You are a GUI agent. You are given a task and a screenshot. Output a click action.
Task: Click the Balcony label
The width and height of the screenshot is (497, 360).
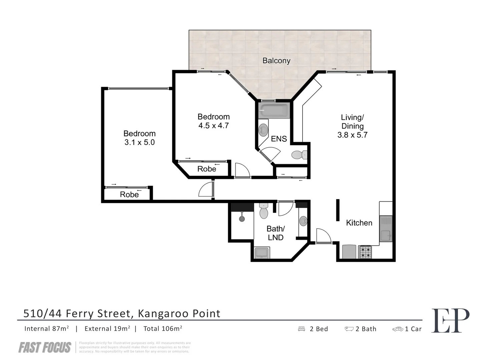276,61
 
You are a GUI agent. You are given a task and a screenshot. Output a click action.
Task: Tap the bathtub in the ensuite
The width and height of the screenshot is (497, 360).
274,110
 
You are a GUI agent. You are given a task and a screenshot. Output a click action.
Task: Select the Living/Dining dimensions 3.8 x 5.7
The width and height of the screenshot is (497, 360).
352,135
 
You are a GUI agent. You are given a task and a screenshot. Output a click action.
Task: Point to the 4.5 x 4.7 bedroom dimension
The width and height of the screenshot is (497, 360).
213,126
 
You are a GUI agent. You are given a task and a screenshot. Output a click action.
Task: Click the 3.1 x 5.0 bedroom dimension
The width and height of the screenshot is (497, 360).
139,142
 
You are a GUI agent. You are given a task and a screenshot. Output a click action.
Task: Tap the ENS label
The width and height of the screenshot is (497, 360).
279,139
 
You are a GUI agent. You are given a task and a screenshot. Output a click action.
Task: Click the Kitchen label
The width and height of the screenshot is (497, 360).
359,223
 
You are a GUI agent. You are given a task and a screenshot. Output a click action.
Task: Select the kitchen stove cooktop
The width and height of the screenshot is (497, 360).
365,252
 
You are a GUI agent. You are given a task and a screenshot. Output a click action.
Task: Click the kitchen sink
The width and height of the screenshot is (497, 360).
386,229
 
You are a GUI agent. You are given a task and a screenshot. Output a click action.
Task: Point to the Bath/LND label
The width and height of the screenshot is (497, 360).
276,233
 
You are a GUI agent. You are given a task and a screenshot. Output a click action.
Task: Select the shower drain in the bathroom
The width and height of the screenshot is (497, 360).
242,219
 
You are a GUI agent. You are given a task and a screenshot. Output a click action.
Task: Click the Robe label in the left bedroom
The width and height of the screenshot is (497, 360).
129,194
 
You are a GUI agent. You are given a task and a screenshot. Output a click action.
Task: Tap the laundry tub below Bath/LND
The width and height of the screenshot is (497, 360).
262,253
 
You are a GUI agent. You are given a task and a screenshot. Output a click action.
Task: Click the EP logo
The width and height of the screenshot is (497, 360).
450,321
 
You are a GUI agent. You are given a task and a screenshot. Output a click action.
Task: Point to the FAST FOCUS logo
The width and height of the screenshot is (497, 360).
45,348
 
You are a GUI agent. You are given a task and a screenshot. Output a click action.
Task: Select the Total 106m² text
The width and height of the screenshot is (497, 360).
163,329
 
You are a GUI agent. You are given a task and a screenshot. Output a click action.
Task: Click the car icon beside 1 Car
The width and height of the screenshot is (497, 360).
398,329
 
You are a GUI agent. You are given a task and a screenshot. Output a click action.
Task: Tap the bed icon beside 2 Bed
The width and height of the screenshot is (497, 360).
302,329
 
